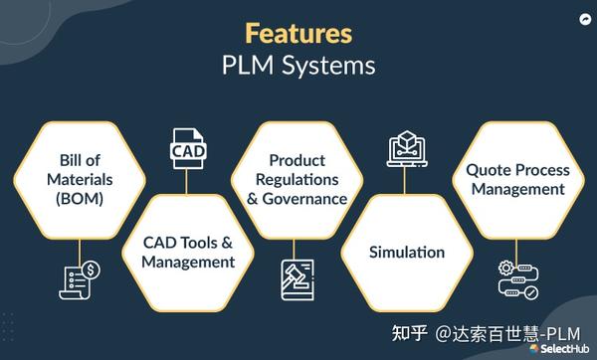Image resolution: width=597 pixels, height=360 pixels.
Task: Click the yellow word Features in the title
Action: tap(298, 33)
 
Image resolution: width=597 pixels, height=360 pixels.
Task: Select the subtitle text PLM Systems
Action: tap(298, 67)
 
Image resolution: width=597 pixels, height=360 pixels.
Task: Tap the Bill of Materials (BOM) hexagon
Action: tap(80, 180)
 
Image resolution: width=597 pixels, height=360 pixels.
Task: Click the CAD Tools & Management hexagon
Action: tap(188, 252)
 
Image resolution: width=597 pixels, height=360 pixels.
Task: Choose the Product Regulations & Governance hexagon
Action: tap(298, 180)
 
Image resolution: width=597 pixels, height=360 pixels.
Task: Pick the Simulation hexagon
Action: tap(406, 252)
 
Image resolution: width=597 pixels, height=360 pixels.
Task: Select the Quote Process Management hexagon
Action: tap(517, 180)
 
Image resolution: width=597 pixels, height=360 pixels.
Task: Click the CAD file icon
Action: tap(188, 147)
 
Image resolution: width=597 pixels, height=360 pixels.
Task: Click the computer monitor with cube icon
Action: tap(406, 147)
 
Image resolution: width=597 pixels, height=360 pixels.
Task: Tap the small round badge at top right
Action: tap(582, 19)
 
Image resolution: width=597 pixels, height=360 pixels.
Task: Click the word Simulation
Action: tap(406, 252)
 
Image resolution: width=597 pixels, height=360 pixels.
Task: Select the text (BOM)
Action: tap(80, 198)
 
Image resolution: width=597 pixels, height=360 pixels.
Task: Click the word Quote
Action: tap(491, 170)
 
